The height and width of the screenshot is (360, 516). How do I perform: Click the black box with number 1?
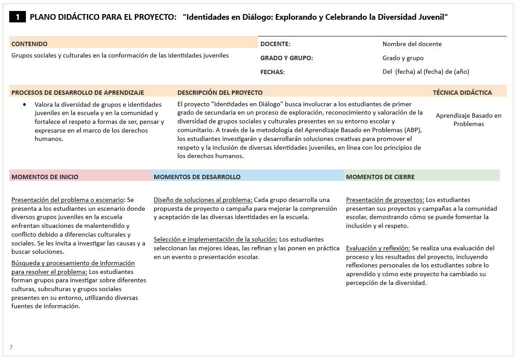(18, 17)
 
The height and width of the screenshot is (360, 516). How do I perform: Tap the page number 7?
(11, 347)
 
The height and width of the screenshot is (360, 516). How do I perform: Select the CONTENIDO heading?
(29, 44)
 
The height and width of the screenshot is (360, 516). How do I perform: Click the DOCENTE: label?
(275, 44)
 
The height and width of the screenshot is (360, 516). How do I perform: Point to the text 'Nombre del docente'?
(412, 44)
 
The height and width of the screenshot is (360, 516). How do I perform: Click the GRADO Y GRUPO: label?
(286, 58)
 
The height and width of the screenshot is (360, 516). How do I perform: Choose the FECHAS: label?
(272, 72)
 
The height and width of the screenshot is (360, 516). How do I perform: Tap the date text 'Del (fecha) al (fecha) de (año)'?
(426, 72)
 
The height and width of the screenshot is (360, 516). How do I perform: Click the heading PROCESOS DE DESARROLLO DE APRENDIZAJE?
(78, 93)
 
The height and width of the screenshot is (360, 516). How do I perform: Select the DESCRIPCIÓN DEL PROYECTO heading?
(220, 93)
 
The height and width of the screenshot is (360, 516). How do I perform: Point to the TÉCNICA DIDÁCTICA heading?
(462, 93)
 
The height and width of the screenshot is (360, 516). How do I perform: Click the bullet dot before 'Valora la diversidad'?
(25, 105)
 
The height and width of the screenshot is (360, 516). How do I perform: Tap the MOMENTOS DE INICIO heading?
(45, 177)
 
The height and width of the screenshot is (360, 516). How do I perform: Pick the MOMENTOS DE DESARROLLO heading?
(197, 177)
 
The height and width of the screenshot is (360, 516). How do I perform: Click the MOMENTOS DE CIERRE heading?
(380, 177)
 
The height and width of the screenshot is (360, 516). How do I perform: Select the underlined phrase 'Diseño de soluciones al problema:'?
(203, 200)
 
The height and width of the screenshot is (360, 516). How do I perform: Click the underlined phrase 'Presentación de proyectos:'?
(385, 200)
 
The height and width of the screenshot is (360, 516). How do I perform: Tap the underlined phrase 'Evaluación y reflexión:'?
(378, 248)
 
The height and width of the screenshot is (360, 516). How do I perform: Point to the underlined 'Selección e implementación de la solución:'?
(215, 239)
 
